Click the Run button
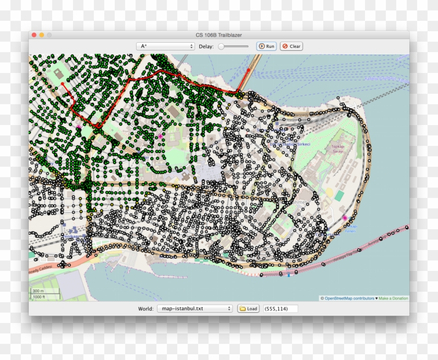coord(266,46)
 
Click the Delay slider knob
coord(222,46)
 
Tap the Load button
coord(249,308)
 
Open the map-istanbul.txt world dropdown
coord(194,308)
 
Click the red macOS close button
coord(34,35)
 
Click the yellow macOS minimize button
coord(42,35)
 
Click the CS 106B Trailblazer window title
coord(219,35)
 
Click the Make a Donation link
coord(393,299)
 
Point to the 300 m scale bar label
coord(38,291)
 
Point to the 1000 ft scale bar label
coord(39,296)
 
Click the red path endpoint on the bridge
coord(249,70)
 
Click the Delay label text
coord(205,46)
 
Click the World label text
coord(145,308)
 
